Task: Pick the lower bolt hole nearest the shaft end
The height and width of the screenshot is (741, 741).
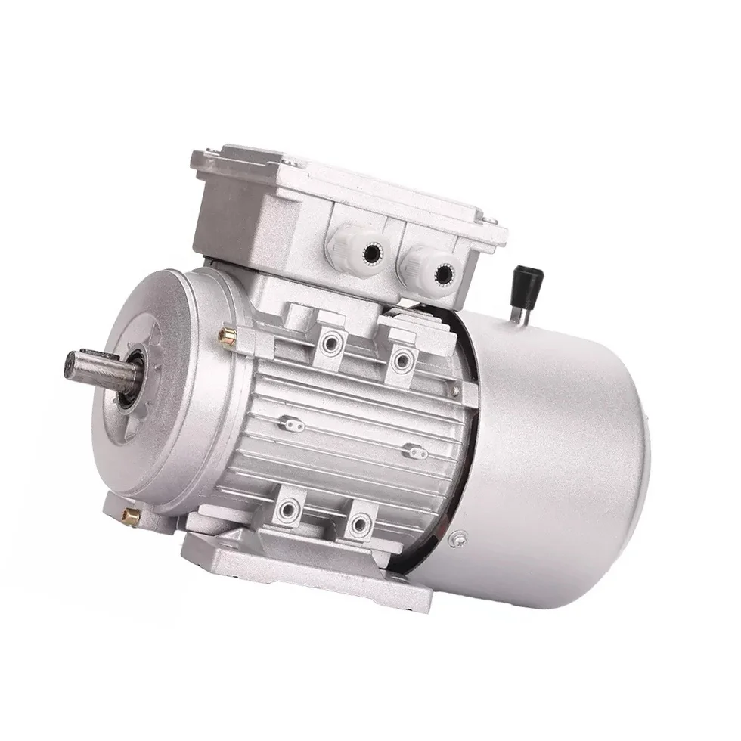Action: coord(287,508)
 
